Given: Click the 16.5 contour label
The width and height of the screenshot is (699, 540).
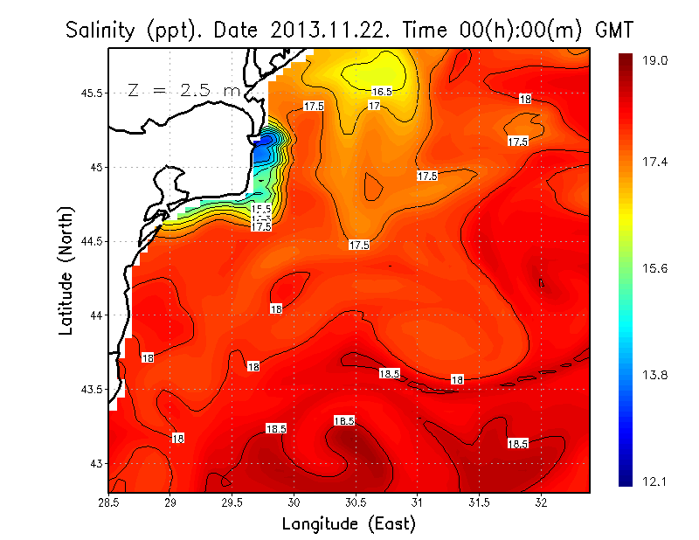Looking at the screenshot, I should [382, 91].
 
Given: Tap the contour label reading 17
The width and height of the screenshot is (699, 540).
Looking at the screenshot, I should [374, 106].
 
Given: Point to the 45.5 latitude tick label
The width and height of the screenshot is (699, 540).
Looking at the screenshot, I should [89, 93].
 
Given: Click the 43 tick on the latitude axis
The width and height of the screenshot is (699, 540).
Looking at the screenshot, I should [94, 463].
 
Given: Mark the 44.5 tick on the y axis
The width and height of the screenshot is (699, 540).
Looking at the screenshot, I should [89, 241].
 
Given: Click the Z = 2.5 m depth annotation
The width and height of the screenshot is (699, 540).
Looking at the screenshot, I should [184, 90].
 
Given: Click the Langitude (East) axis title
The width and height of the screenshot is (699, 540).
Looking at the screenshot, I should [349, 524].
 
